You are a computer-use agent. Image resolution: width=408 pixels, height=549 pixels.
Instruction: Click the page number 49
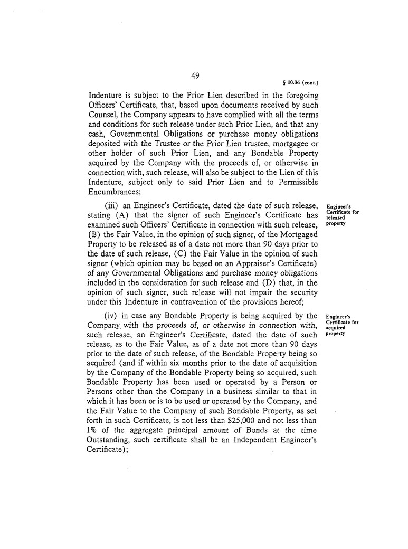(194, 75)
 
